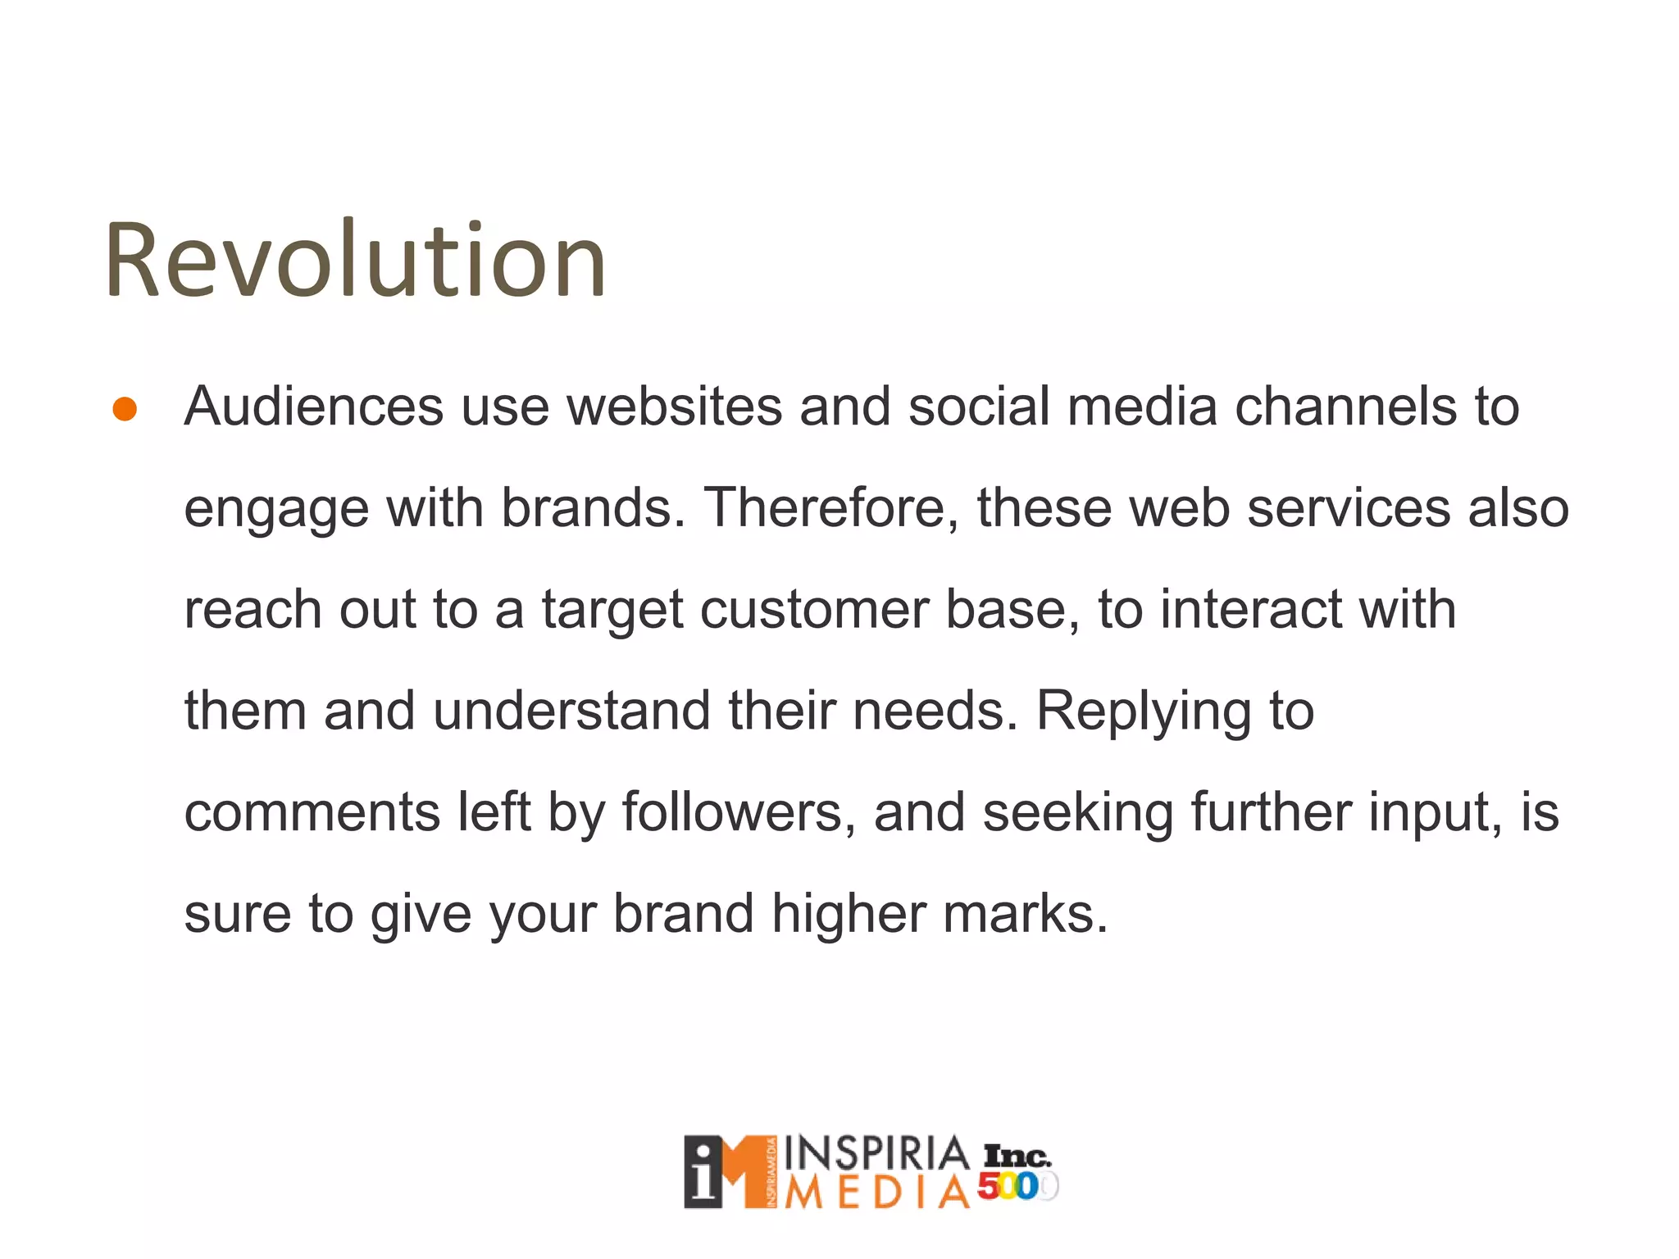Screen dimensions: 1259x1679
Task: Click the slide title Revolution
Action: pos(355,261)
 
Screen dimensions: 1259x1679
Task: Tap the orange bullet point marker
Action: pos(125,409)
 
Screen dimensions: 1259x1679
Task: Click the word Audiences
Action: pos(313,407)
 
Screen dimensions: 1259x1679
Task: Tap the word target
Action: pos(612,610)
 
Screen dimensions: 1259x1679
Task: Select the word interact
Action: pos(1250,610)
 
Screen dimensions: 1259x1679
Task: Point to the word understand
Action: pos(571,711)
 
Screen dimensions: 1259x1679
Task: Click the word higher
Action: pos(848,915)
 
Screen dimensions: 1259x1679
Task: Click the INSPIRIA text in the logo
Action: pos(876,1153)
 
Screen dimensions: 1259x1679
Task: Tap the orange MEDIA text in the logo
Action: pos(876,1193)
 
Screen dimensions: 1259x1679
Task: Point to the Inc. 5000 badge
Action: pos(1017,1172)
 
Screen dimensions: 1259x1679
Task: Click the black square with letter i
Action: pos(703,1173)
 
